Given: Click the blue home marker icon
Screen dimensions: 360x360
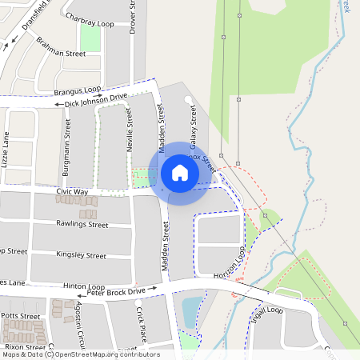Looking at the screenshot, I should pyautogui.click(x=179, y=172).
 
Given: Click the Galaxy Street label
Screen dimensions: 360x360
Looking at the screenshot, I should pyautogui.click(x=193, y=127).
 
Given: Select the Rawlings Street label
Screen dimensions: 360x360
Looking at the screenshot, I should pyautogui.click(x=82, y=225).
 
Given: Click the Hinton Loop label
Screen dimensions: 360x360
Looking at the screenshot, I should pyautogui.click(x=85, y=286).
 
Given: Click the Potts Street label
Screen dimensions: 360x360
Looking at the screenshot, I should pyautogui.click(x=21, y=317).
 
